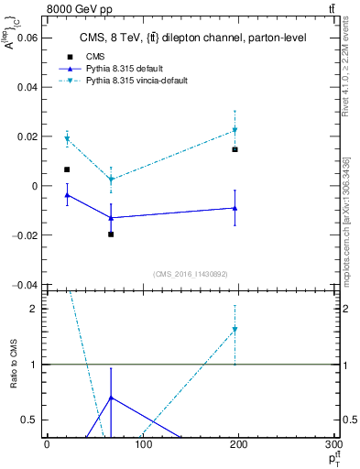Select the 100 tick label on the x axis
142,444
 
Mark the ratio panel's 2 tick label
35,309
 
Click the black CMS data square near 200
235,149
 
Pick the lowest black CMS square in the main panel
111,234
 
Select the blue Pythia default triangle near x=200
235,208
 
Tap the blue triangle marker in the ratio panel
111,398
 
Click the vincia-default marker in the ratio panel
235,330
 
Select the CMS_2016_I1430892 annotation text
191,273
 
